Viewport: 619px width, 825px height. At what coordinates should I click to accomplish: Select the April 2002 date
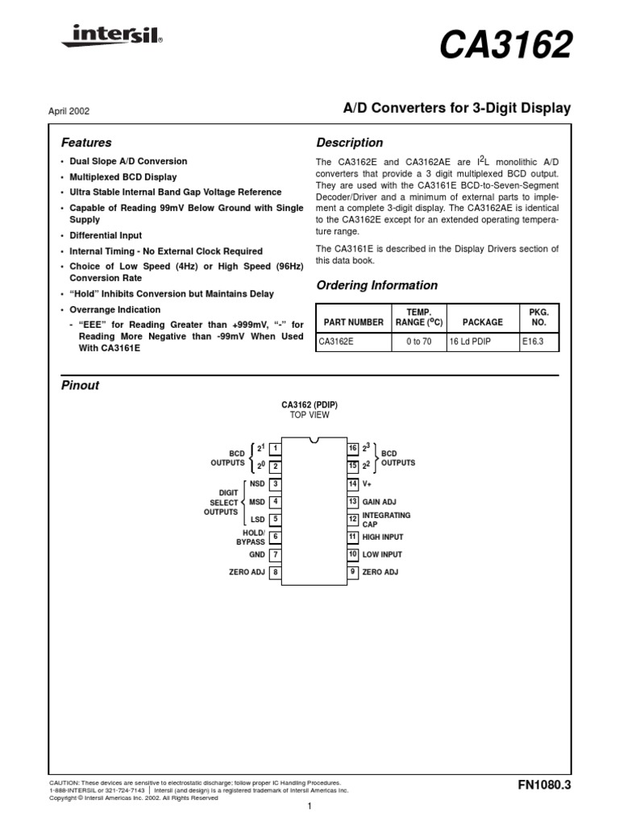pos(67,110)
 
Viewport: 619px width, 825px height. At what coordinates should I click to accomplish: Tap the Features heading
pos(86,143)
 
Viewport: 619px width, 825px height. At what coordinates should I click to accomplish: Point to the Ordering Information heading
pos(376,285)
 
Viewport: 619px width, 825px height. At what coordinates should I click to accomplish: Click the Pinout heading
pos(81,385)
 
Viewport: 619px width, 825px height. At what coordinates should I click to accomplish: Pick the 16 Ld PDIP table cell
pos(470,342)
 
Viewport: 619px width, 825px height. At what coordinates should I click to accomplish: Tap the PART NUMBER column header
pos(353,321)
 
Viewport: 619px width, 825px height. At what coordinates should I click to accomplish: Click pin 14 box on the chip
pos(352,483)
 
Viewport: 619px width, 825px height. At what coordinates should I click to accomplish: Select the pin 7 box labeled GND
pos(275,554)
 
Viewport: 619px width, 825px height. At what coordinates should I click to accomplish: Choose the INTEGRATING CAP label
pos(386,519)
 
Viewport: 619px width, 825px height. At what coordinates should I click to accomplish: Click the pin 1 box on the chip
pos(275,448)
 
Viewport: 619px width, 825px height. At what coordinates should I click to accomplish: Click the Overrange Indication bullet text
pos(115,309)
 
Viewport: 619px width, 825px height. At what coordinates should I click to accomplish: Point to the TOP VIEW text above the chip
pos(309,415)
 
